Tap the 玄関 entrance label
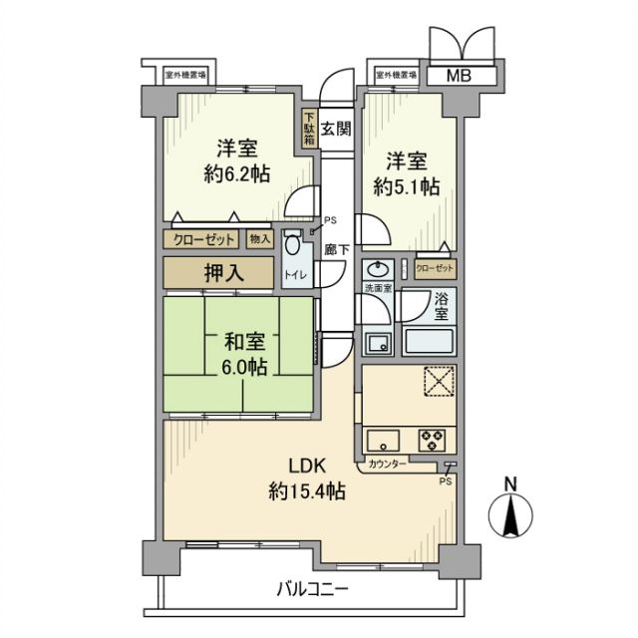click(336, 128)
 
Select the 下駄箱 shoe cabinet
click(310, 128)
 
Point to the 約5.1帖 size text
click(407, 186)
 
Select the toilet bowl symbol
click(291, 247)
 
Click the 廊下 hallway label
click(337, 250)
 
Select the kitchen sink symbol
click(383, 438)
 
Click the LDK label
click(307, 465)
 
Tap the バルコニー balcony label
click(312, 589)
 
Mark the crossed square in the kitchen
click(439, 383)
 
